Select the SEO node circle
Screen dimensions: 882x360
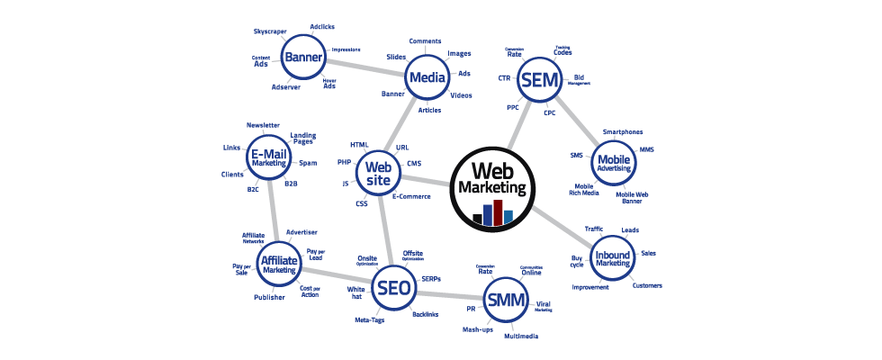[394, 288]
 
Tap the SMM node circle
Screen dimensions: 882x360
[506, 301]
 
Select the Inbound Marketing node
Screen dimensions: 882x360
[612, 257]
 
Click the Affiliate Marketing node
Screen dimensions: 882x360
[278, 263]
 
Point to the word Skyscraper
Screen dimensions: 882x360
[270, 31]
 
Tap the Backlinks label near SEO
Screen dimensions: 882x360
[426, 314]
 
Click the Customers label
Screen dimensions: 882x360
[646, 286]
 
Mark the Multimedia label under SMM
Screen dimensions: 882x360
[522, 336]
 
